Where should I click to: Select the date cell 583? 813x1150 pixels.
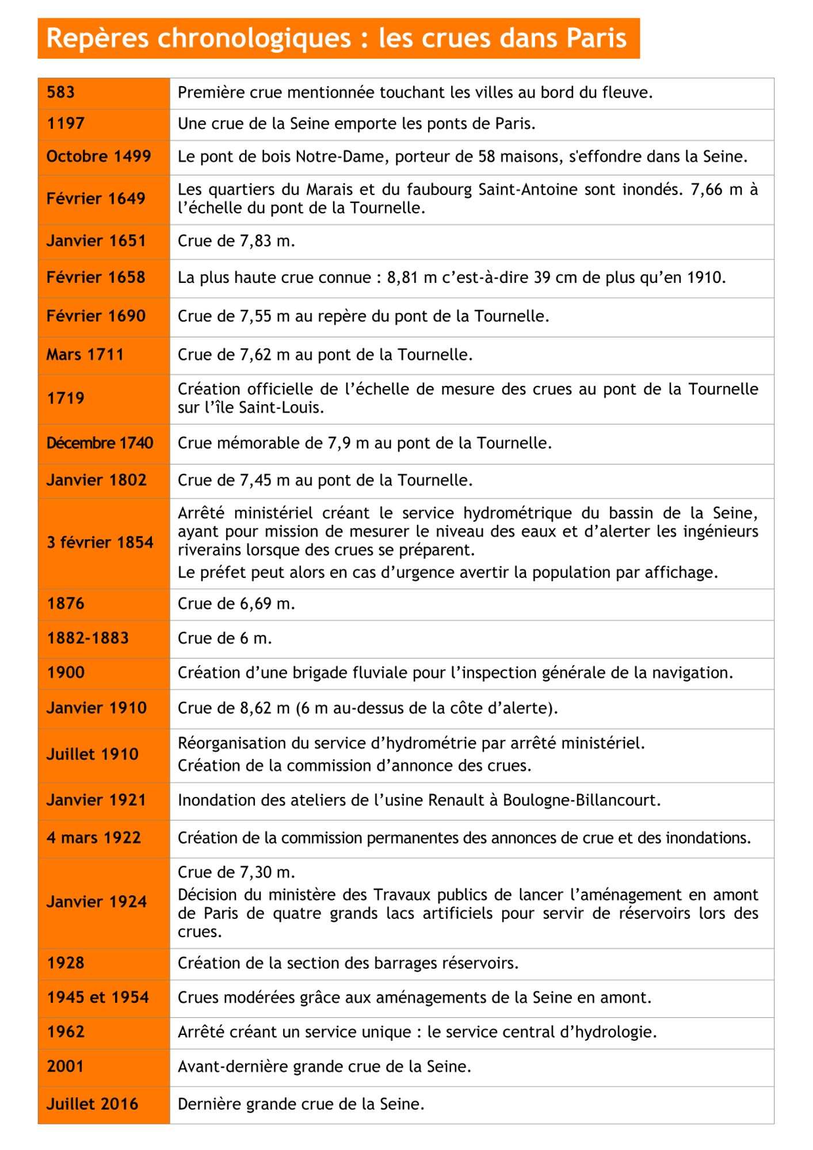pos(60,93)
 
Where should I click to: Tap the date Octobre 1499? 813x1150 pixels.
pos(98,156)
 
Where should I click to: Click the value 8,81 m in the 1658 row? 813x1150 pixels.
pos(411,278)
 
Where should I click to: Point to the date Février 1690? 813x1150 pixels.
pos(96,316)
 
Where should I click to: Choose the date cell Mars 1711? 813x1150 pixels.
pos(85,355)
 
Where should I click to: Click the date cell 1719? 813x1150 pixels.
pos(66,398)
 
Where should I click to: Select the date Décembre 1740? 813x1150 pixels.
pos(100,443)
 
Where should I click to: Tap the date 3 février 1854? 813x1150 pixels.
pos(100,542)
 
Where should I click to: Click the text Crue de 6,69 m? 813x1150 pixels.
pos(236,604)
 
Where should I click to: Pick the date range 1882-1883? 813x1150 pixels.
pos(87,638)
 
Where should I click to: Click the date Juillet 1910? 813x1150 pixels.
pos(92,754)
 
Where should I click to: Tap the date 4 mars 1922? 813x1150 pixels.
pos(93,838)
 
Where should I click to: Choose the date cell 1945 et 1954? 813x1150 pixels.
pos(97,998)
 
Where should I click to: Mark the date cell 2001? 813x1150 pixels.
pos(65,1067)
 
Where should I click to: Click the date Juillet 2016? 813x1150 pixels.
pos(92,1104)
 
